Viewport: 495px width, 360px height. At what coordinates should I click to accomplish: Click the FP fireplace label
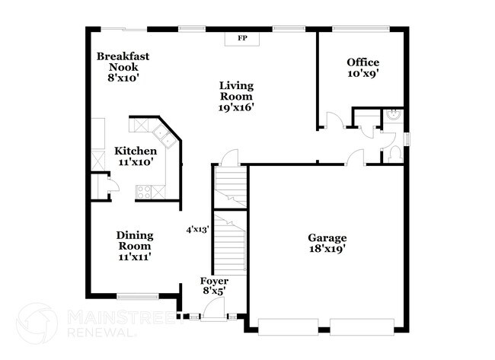[243, 38]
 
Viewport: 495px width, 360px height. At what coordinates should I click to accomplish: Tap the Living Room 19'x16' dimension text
[236, 107]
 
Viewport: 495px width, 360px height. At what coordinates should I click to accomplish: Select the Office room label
[362, 62]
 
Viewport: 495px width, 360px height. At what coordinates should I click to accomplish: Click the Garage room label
[327, 237]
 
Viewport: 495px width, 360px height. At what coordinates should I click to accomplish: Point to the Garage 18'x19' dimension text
[327, 249]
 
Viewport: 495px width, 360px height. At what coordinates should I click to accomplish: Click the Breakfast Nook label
[122, 62]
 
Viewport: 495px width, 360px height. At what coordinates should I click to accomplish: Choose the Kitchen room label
[136, 151]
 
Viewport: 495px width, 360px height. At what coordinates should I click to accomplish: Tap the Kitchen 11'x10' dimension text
[136, 162]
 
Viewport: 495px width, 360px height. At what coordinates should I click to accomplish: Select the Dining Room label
[133, 241]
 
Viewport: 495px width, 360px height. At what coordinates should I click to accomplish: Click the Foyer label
[214, 282]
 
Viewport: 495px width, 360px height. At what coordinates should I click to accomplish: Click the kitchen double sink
[162, 138]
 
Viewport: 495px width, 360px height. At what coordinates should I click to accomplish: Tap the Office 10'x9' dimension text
[362, 75]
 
